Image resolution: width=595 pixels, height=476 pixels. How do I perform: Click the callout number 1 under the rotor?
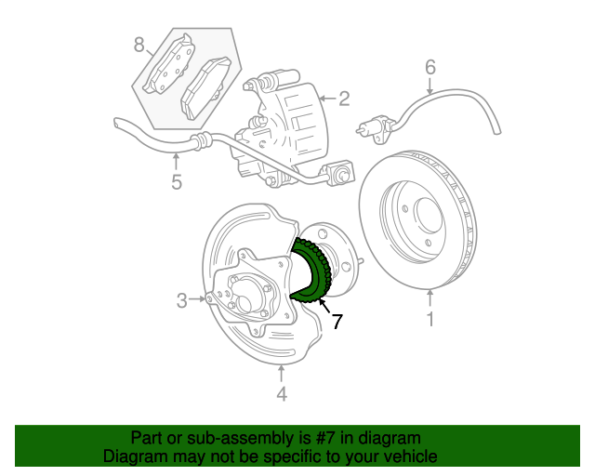tap(430, 321)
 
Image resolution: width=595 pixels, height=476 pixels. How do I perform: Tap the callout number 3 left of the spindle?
tap(182, 299)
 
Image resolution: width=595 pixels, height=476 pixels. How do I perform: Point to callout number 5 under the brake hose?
tap(177, 181)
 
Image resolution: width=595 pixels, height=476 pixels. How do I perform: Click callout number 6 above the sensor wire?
tap(430, 67)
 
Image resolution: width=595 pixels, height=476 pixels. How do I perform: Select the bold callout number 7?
tap(337, 322)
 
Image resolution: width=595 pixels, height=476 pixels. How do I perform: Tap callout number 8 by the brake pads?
tap(139, 44)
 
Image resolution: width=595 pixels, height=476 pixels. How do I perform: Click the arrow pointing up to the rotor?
tap(430, 299)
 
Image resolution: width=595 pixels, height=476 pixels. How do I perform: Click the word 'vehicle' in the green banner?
tap(406, 456)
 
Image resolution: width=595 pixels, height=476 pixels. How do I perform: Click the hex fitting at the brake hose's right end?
tap(340, 173)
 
